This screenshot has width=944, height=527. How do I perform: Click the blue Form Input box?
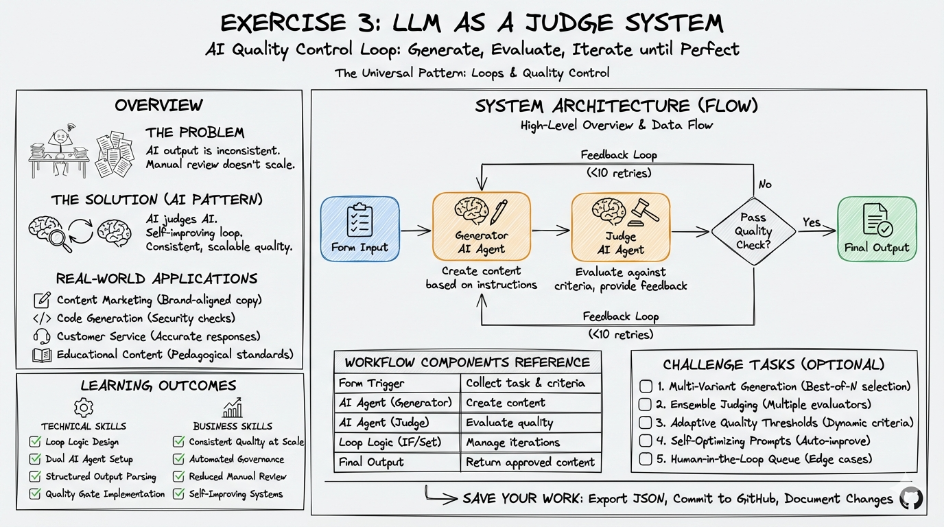(x=359, y=229)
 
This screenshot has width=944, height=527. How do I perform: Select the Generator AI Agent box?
(x=481, y=229)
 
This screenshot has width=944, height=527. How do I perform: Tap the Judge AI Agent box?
(x=620, y=229)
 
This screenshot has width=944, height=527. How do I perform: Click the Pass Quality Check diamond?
(x=753, y=232)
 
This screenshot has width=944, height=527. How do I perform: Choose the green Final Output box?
(x=876, y=229)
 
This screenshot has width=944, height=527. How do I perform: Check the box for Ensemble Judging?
(x=645, y=404)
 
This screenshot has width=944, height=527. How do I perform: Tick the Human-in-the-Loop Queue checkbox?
(x=645, y=459)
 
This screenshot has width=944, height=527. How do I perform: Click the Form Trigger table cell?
(x=397, y=384)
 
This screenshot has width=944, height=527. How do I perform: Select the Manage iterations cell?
(x=530, y=443)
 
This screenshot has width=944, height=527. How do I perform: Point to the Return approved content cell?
(x=530, y=462)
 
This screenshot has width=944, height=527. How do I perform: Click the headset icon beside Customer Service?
(x=42, y=336)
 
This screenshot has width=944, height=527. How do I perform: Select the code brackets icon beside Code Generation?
(x=42, y=318)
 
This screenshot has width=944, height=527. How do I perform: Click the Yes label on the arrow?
(x=812, y=222)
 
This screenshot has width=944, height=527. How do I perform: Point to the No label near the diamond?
(x=764, y=184)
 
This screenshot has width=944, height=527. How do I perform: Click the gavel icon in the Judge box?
(x=646, y=211)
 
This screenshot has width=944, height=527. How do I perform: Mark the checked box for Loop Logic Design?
(x=35, y=443)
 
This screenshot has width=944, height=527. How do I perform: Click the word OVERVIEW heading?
(x=158, y=105)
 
